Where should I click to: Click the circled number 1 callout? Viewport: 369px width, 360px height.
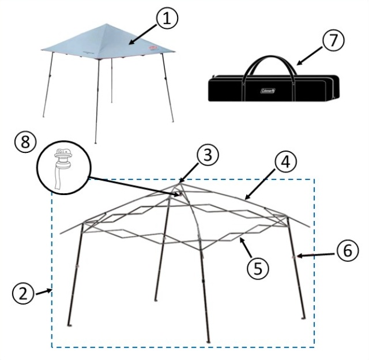click(167, 18)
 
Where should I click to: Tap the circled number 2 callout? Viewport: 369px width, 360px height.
click(23, 294)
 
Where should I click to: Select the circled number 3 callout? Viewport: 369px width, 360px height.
click(208, 155)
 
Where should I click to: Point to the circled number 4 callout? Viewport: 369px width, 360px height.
click(286, 162)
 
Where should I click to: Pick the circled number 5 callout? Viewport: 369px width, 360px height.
click(258, 268)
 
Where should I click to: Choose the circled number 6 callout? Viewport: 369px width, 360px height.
click(348, 250)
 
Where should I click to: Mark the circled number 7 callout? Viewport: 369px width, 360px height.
click(333, 40)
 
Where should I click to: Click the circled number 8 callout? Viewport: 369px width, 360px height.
click(25, 142)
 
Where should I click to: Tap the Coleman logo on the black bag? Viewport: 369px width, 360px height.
click(268, 91)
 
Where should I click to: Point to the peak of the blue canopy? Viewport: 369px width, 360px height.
click(107, 24)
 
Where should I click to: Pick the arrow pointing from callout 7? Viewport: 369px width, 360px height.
click(310, 55)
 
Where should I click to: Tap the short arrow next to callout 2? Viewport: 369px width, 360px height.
click(44, 292)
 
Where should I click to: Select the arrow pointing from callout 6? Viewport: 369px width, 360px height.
click(316, 255)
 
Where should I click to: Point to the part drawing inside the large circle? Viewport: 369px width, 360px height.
click(62, 168)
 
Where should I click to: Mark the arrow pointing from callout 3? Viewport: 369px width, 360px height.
click(189, 173)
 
